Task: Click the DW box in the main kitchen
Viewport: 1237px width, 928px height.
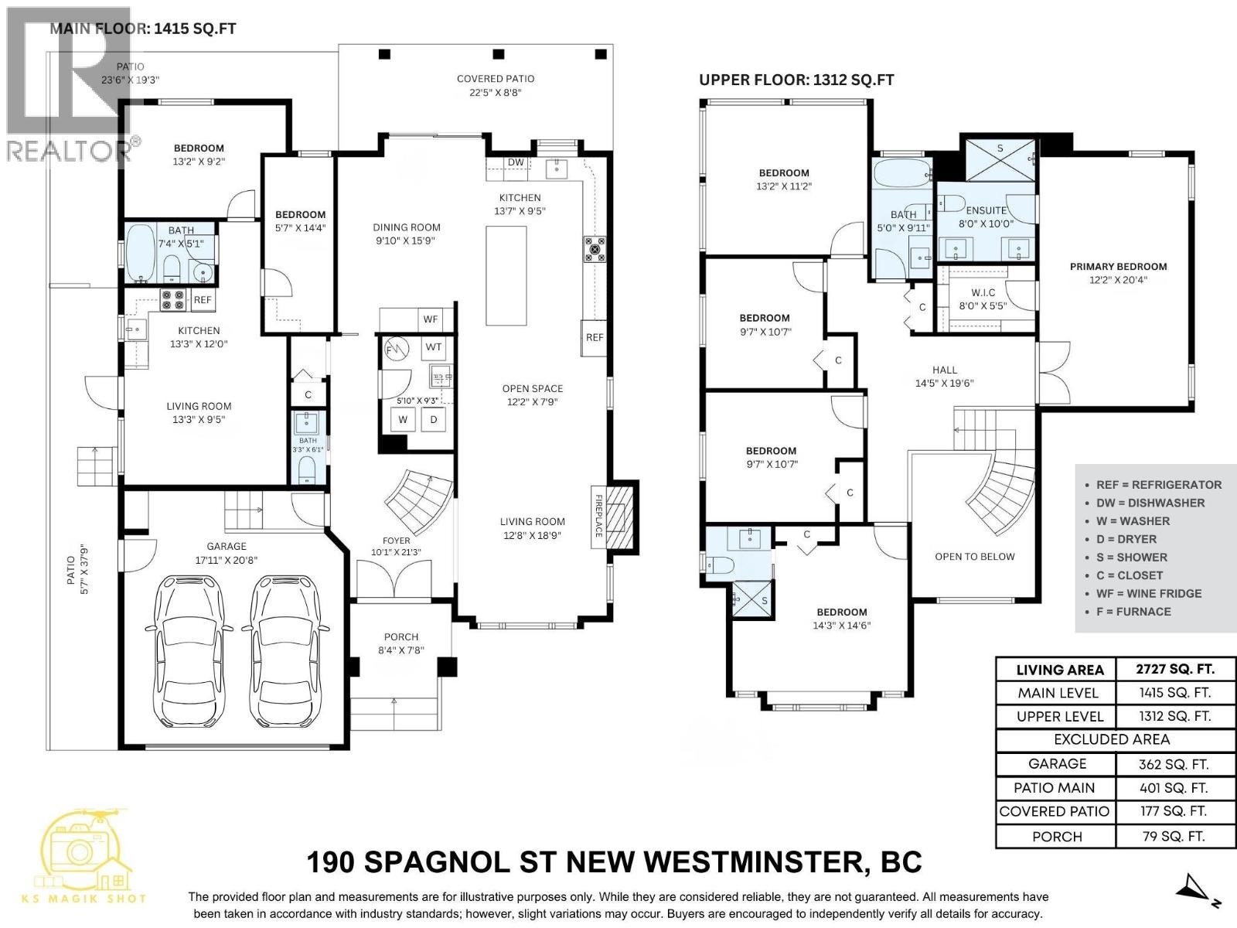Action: (516, 162)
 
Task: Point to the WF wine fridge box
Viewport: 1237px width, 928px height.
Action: (430, 319)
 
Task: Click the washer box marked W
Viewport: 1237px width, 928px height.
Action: (403, 420)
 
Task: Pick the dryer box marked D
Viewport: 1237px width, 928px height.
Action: (434, 420)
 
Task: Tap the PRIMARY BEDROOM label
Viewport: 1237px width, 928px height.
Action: (1118, 267)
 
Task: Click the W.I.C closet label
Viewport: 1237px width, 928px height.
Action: (983, 293)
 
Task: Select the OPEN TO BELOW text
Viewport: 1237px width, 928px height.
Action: (974, 556)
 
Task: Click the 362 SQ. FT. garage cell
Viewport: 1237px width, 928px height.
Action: (1173, 764)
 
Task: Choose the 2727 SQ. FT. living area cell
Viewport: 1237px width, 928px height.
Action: (1174, 669)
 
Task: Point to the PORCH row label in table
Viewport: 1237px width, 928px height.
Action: (1057, 837)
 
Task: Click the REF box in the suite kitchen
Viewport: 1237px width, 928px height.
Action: (203, 300)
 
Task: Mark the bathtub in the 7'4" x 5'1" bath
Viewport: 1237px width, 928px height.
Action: (141, 253)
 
